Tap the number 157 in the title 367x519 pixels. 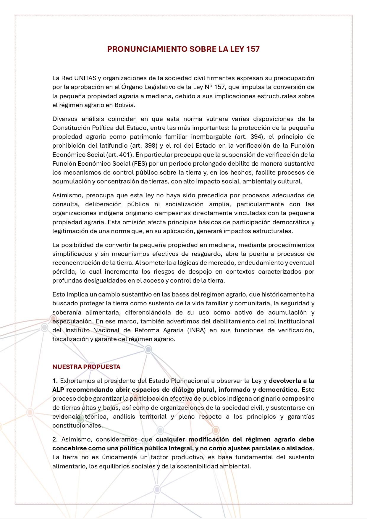click(253, 49)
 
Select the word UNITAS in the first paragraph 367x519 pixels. click(85, 78)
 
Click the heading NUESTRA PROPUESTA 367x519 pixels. click(86, 367)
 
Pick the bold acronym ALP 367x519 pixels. click(58, 390)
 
